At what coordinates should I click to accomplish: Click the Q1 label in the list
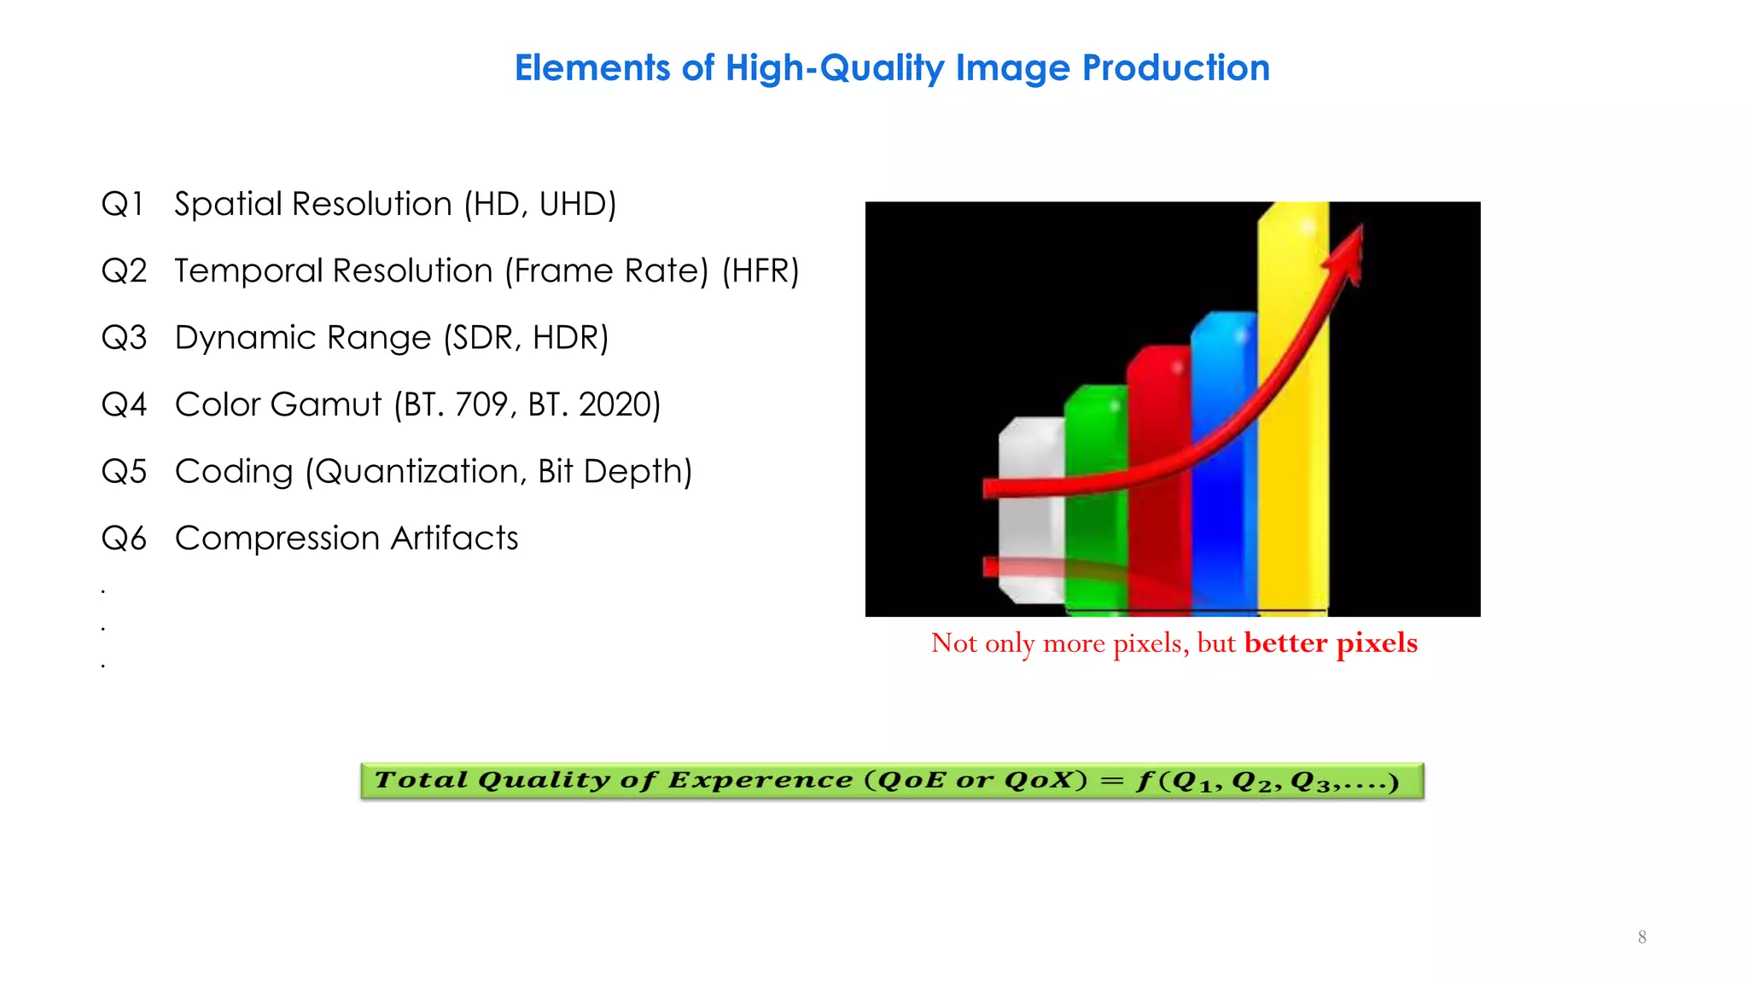(122, 204)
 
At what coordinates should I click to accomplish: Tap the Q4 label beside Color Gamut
(124, 404)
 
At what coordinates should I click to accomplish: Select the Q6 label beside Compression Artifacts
(124, 538)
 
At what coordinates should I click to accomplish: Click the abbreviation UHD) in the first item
(578, 204)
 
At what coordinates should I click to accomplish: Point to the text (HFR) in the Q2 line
(760, 271)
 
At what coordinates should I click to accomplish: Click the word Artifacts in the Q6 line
(454, 538)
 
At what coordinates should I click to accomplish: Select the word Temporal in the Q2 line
(247, 271)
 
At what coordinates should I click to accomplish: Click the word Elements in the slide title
(591, 68)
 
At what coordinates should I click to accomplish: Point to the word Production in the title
(1175, 68)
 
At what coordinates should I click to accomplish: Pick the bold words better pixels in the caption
(1331, 643)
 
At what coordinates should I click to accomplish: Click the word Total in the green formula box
(421, 780)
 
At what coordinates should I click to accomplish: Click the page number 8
(1641, 937)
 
